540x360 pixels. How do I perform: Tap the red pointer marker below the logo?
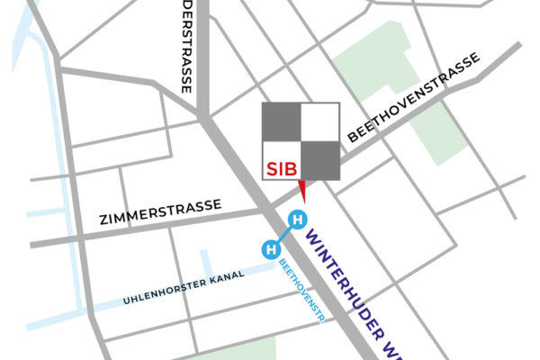(x=302, y=190)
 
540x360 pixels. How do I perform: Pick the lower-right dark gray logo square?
(x=319, y=161)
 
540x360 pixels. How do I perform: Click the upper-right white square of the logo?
(x=319, y=121)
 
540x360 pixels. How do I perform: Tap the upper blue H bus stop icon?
(x=295, y=219)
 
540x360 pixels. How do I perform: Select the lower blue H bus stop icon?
(x=269, y=249)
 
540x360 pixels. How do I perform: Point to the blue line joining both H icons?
(x=283, y=234)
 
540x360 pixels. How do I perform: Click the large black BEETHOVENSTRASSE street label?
(x=413, y=97)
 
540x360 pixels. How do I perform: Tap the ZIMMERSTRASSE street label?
(x=160, y=212)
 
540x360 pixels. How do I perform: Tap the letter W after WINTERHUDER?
(x=387, y=348)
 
